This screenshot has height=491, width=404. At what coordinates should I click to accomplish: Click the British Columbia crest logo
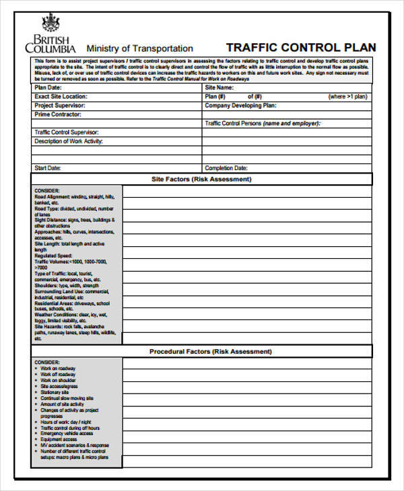point(50,24)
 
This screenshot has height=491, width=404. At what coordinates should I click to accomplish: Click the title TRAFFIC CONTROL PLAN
point(301,48)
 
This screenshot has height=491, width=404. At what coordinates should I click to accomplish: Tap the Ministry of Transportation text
point(139,48)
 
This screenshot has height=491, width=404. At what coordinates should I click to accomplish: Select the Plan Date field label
point(48,87)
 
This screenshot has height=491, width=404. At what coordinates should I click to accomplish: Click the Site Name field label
point(219,87)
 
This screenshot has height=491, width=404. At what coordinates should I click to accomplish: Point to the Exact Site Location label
point(61,96)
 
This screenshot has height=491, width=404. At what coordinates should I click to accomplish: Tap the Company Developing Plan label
point(240,106)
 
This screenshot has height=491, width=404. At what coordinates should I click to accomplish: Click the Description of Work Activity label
point(69,141)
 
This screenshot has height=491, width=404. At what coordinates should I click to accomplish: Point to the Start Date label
point(48,167)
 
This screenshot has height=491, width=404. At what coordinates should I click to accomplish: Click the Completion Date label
point(226,167)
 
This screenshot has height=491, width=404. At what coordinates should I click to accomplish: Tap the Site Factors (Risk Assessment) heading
point(202,180)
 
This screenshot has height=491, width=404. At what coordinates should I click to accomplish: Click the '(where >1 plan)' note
point(347,96)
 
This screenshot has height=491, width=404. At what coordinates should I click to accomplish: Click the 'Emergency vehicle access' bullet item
point(68,433)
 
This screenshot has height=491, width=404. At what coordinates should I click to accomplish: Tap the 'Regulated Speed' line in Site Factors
point(53,256)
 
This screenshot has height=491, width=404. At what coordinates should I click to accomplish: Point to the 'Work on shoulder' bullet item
point(58,380)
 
